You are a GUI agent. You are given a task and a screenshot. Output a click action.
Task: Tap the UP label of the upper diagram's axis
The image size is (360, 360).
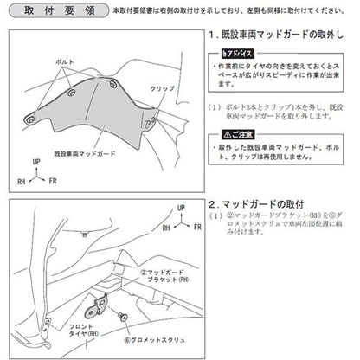tap(35, 161)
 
